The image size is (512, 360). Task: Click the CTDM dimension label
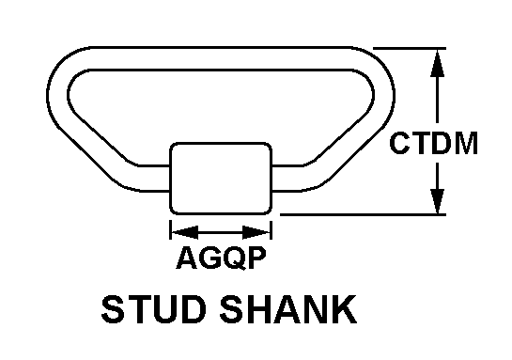click(x=433, y=143)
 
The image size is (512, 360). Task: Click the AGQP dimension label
click(x=221, y=258)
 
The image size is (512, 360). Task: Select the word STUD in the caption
click(x=154, y=308)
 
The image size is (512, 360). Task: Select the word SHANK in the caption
click(x=288, y=308)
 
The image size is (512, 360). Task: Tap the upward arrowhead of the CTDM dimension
click(x=437, y=63)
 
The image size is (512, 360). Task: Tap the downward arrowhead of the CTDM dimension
click(x=437, y=200)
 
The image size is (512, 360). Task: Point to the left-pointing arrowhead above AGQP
click(x=185, y=232)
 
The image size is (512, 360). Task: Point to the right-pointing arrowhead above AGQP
click(x=256, y=232)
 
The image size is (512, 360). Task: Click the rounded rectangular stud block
click(x=221, y=179)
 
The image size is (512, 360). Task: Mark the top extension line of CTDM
click(x=410, y=48)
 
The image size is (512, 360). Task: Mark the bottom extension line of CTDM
click(x=364, y=214)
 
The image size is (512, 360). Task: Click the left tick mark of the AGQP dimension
click(x=170, y=229)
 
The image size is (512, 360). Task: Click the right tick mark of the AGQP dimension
click(x=271, y=229)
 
